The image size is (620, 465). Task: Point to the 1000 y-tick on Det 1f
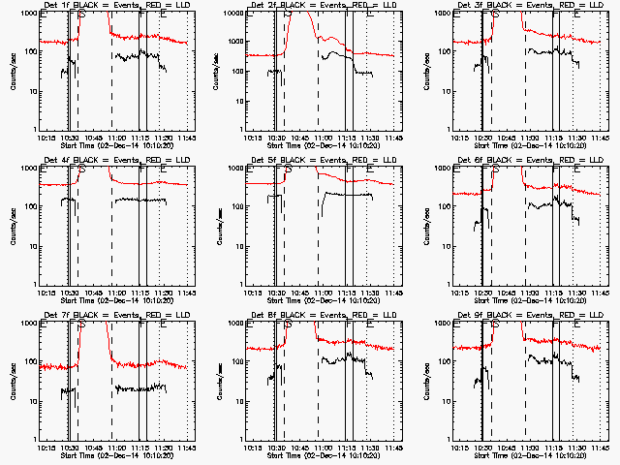pyautogui.click(x=30, y=14)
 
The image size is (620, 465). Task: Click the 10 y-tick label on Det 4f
pyautogui.click(x=34, y=246)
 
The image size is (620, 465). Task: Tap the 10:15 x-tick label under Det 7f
pyautogui.click(x=45, y=449)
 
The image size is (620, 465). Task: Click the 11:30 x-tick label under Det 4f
pyautogui.click(x=163, y=294)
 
